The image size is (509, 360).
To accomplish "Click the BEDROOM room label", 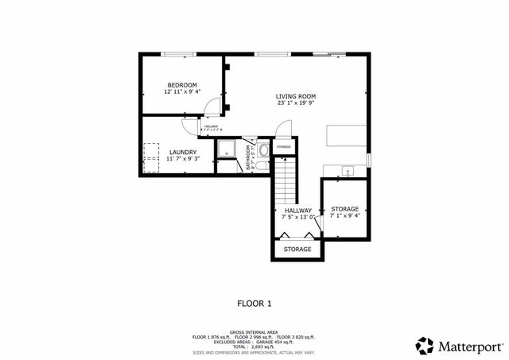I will pyautogui.click(x=182, y=85).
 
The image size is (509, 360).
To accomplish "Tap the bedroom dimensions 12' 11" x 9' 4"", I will pyautogui.click(x=182, y=92).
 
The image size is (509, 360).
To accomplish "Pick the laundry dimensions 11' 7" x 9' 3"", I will pyautogui.click(x=182, y=158).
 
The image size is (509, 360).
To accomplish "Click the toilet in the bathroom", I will pyautogui.click(x=264, y=149).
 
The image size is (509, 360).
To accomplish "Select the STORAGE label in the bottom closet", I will pyautogui.click(x=297, y=250).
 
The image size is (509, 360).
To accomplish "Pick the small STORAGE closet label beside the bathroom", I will pyautogui.click(x=284, y=147).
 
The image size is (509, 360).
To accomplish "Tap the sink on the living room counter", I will pyautogui.click(x=348, y=171).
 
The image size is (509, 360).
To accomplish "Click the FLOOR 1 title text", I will pyautogui.click(x=254, y=303).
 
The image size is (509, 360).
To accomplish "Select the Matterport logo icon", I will pyautogui.click(x=425, y=346).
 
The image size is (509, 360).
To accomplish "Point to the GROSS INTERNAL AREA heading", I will pyautogui.click(x=254, y=332).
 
